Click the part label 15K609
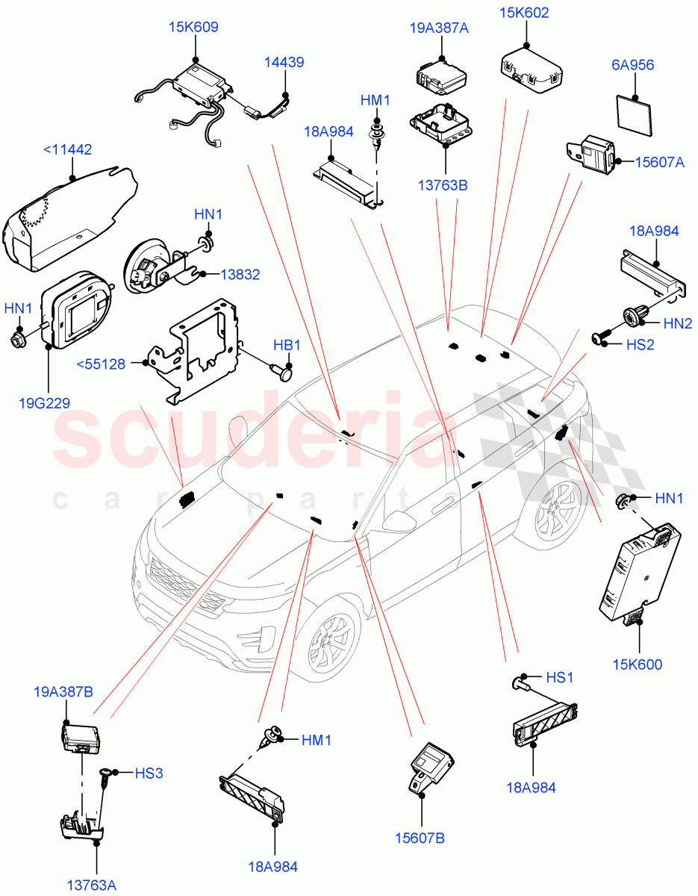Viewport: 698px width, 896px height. [193, 28]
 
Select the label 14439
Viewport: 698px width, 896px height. [284, 63]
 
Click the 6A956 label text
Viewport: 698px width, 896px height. [632, 65]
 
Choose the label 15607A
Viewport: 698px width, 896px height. [659, 161]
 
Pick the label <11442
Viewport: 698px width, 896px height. [67, 149]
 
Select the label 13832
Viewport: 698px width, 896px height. [240, 275]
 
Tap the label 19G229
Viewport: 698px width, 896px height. [45, 403]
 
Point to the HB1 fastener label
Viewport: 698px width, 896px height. [287, 346]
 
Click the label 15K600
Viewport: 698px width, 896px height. [638, 665]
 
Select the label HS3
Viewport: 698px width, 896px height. [149, 774]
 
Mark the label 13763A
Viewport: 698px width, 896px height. [91, 886]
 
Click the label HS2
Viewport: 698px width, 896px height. [640, 343]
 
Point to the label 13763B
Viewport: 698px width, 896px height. [443, 184]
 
